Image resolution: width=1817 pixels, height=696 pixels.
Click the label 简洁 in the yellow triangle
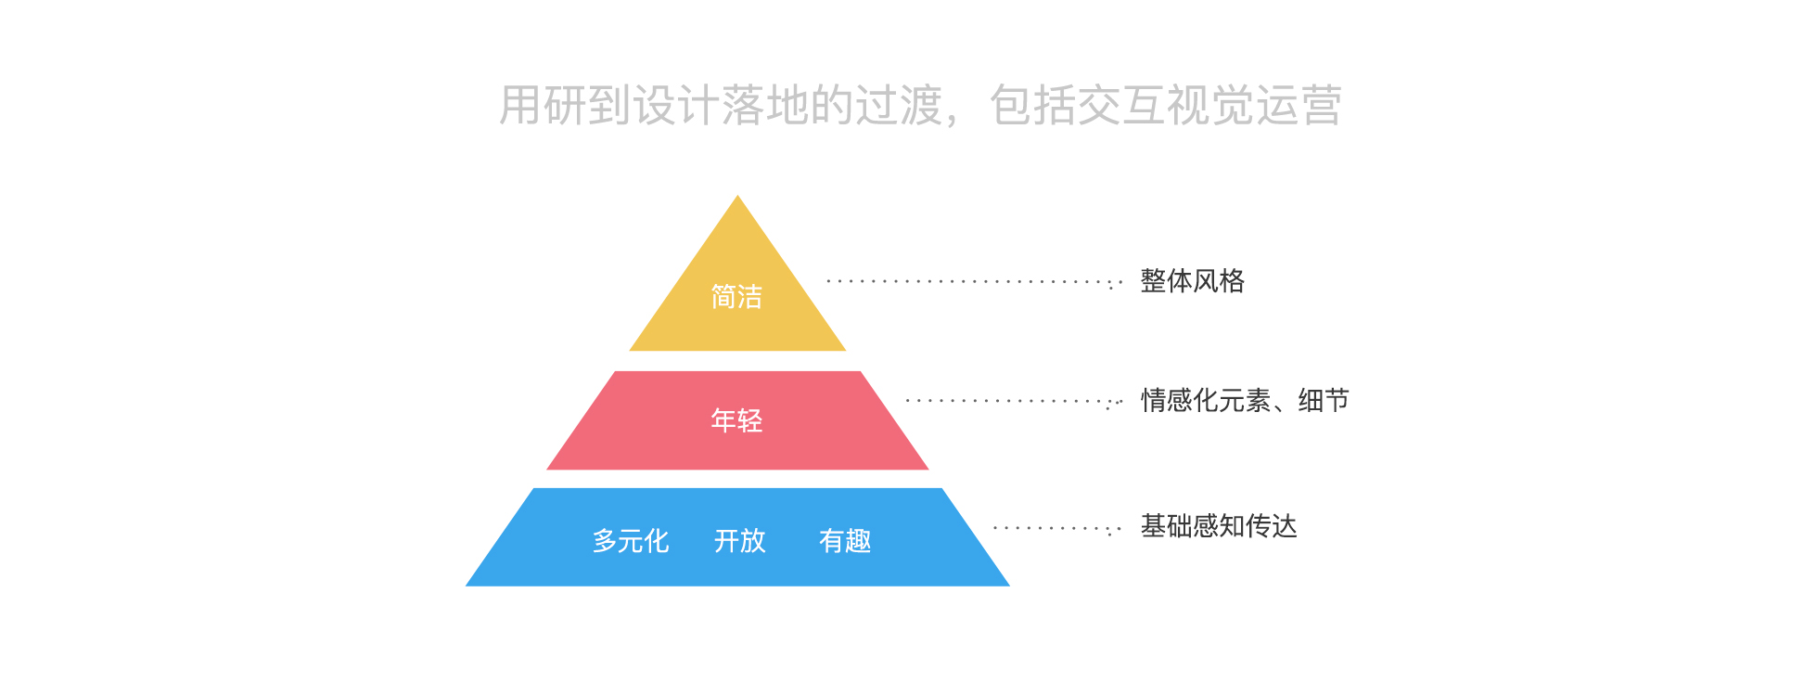[736, 297]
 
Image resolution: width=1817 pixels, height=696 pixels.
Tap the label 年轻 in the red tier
[736, 420]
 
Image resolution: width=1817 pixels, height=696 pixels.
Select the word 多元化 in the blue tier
[631, 541]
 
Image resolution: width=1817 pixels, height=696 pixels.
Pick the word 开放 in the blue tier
[740, 541]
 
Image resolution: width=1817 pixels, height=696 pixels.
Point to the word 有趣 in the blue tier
[845, 541]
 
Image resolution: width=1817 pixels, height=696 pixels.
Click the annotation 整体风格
[1192, 281]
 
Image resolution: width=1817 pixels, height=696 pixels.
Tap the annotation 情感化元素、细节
[1245, 401]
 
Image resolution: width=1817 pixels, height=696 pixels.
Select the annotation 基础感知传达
[1219, 527]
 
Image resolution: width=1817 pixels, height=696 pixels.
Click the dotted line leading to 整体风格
[974, 281]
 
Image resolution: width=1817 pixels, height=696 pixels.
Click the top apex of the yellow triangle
[737, 199]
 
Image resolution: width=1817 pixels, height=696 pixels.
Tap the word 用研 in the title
[543, 105]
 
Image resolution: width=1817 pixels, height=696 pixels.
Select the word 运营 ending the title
[1299, 105]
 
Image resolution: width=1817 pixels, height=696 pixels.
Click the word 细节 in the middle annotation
[1324, 401]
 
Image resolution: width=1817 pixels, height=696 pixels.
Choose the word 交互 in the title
[1121, 105]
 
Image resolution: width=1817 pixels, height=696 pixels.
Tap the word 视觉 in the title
[1209, 105]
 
